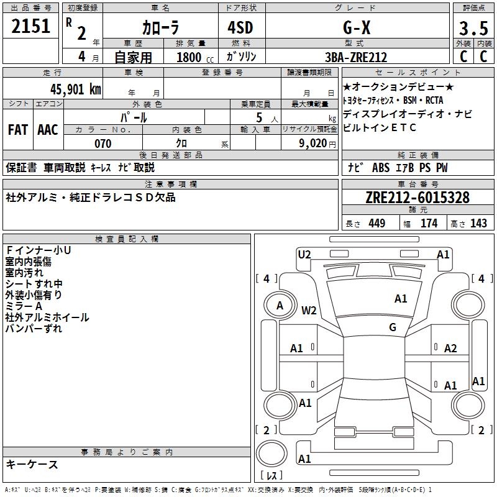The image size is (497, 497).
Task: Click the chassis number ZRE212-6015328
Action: click(417, 198)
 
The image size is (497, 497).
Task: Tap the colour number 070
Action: click(103, 144)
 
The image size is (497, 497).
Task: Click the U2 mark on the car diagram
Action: click(304, 254)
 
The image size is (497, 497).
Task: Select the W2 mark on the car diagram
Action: click(309, 311)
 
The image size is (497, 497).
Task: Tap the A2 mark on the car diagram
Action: click(450, 349)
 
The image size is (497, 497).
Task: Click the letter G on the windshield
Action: click(392, 327)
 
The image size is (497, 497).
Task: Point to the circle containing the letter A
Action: click(280, 305)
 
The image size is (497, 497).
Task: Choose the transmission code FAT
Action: click(18, 130)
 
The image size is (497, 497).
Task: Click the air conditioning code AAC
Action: click(48, 130)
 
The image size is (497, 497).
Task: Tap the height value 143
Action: click(479, 224)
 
